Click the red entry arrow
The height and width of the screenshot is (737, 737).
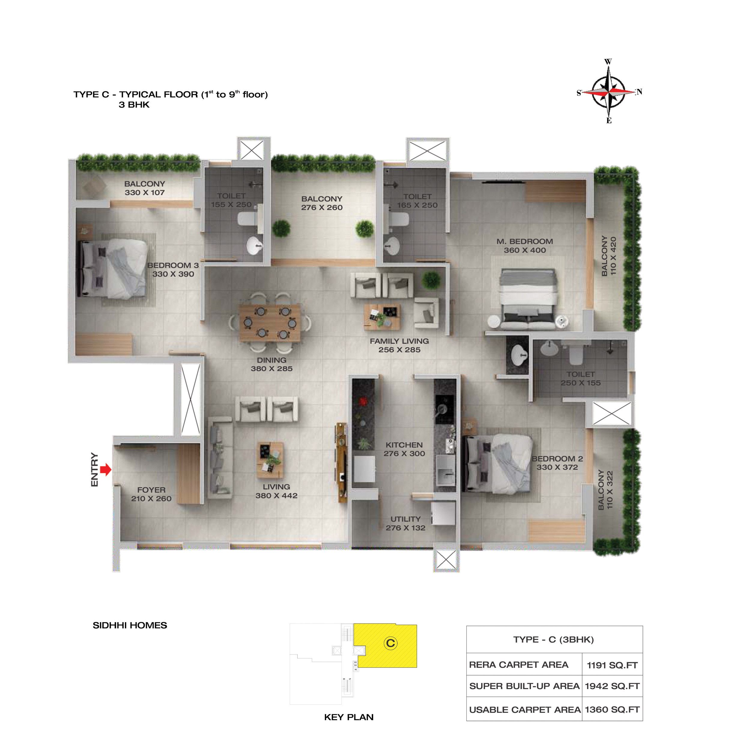point(106,469)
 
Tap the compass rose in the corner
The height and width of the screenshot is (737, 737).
point(609,92)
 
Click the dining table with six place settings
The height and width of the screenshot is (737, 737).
point(270,323)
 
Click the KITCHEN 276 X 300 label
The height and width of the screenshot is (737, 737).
point(404,449)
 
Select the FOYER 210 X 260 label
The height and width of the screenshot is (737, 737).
point(151,494)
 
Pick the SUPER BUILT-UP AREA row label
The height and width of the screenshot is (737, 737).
point(524,686)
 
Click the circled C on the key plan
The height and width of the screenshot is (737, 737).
point(390,643)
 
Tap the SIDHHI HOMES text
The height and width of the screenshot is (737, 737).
point(130,625)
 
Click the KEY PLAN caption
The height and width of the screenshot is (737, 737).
point(349,717)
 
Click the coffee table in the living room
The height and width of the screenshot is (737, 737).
point(270,460)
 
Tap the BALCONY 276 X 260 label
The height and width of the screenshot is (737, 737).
point(322,203)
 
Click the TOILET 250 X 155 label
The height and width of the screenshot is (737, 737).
point(580,378)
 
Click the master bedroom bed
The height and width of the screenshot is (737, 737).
point(528,299)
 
